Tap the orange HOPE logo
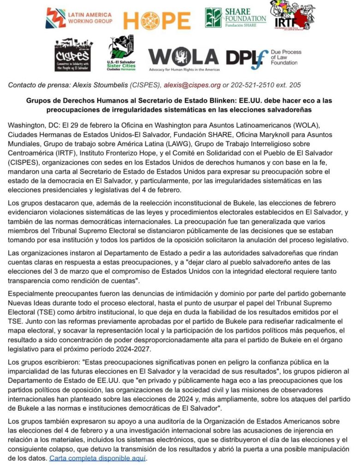coord(157,20)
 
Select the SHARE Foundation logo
coord(235,18)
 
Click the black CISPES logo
coord(72,54)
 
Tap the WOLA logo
coord(183,58)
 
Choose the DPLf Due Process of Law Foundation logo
coord(263,59)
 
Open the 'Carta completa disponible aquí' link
coord(97,458)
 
